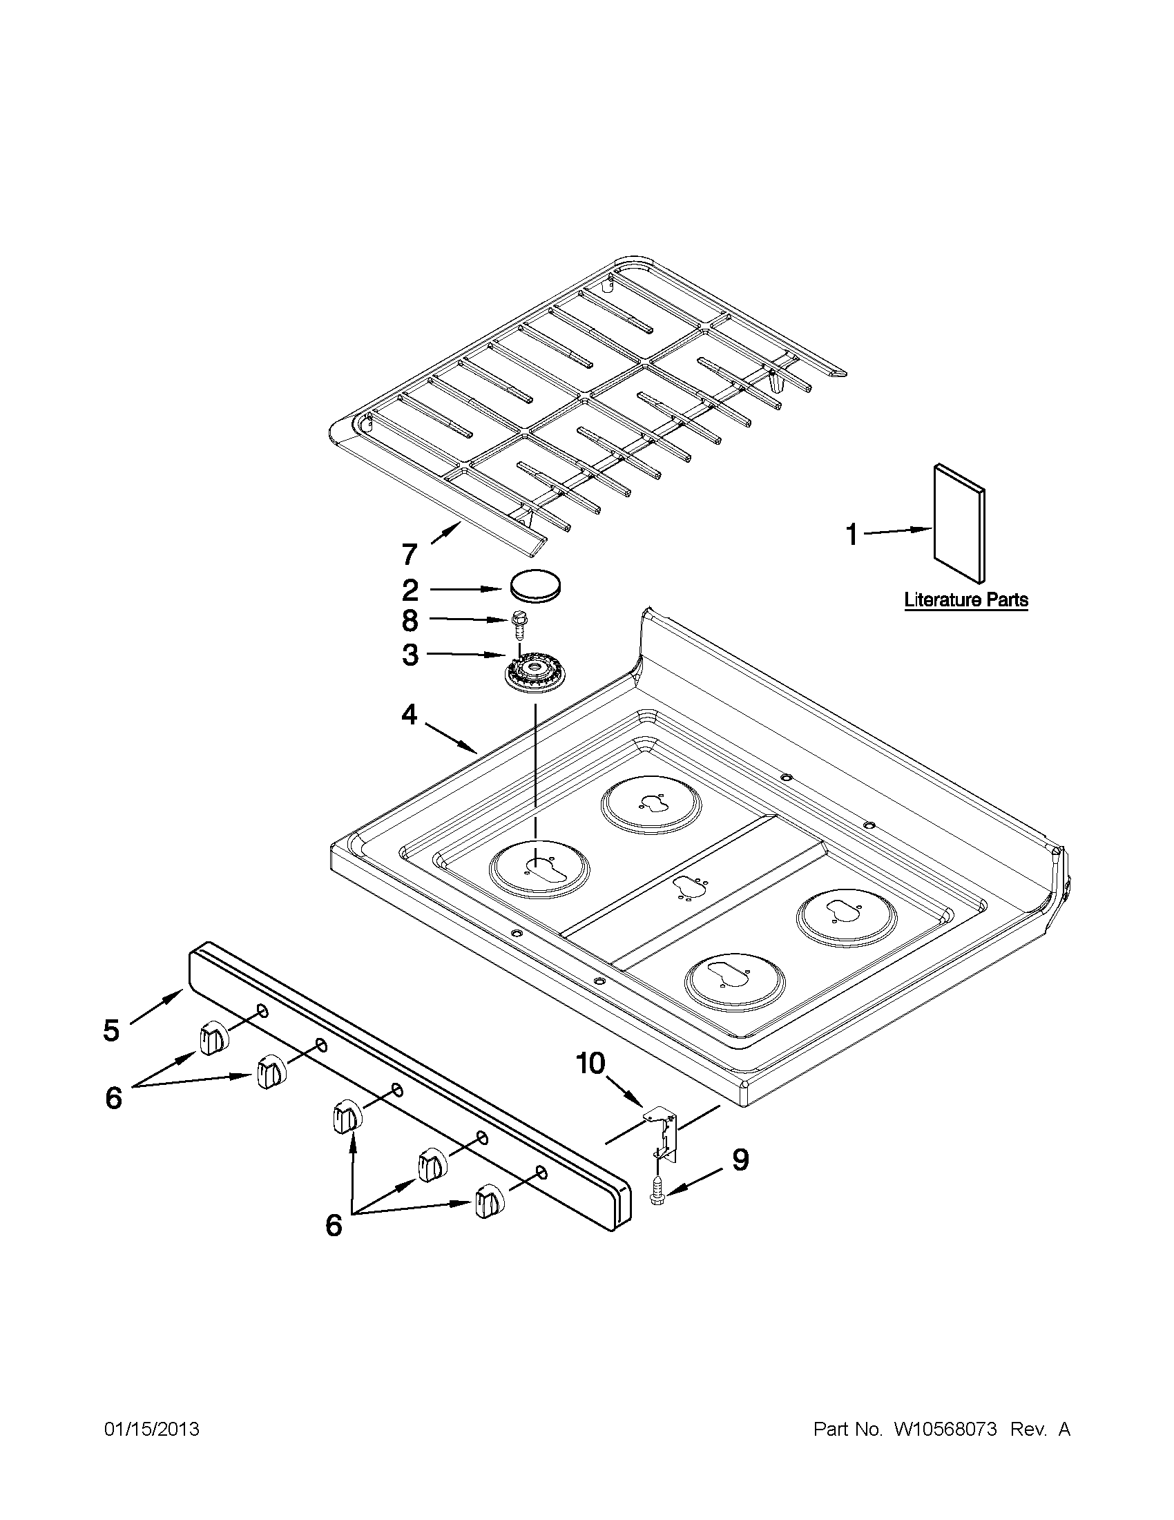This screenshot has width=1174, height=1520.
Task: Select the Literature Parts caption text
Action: [966, 599]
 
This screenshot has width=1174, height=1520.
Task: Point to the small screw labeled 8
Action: [517, 624]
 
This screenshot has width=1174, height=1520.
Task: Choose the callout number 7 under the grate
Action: [410, 555]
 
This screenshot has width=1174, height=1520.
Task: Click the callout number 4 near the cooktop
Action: [410, 714]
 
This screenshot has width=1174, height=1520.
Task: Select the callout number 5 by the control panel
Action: [111, 1031]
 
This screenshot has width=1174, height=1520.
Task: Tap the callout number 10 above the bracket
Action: [590, 1064]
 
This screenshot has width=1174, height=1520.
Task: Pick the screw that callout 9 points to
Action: [656, 1191]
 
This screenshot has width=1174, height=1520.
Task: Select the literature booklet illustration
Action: [959, 523]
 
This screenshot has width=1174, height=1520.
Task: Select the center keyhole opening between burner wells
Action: [690, 888]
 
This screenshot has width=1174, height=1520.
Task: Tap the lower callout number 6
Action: [334, 1226]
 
